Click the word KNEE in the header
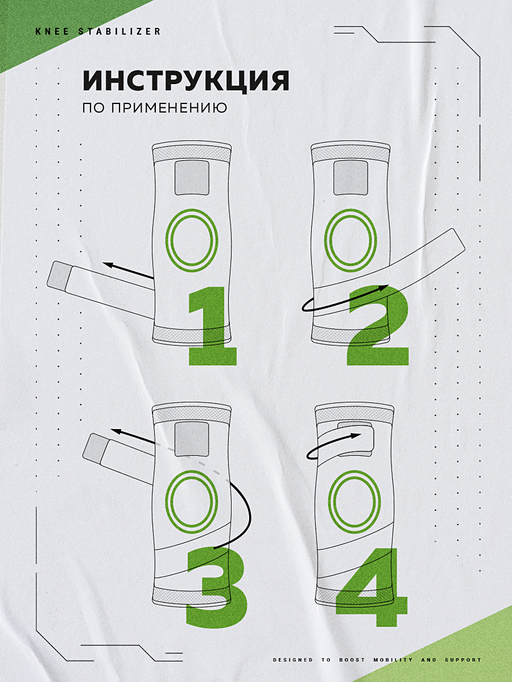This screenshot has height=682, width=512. pyautogui.click(x=52, y=31)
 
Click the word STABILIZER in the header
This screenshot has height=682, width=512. pyautogui.click(x=119, y=31)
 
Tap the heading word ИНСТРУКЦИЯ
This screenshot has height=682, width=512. pyautogui.click(x=186, y=81)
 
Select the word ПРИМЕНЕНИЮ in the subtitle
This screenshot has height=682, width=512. pyautogui.click(x=169, y=108)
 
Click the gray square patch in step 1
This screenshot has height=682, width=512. pyautogui.click(x=192, y=178)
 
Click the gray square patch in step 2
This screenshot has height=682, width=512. pyautogui.click(x=350, y=178)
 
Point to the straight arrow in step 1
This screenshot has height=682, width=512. pyautogui.click(x=129, y=271)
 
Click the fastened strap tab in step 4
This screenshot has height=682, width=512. pyautogui.click(x=355, y=439)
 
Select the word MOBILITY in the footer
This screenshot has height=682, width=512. pyautogui.click(x=393, y=660)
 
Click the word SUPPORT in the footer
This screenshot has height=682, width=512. pyautogui.click(x=463, y=660)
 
